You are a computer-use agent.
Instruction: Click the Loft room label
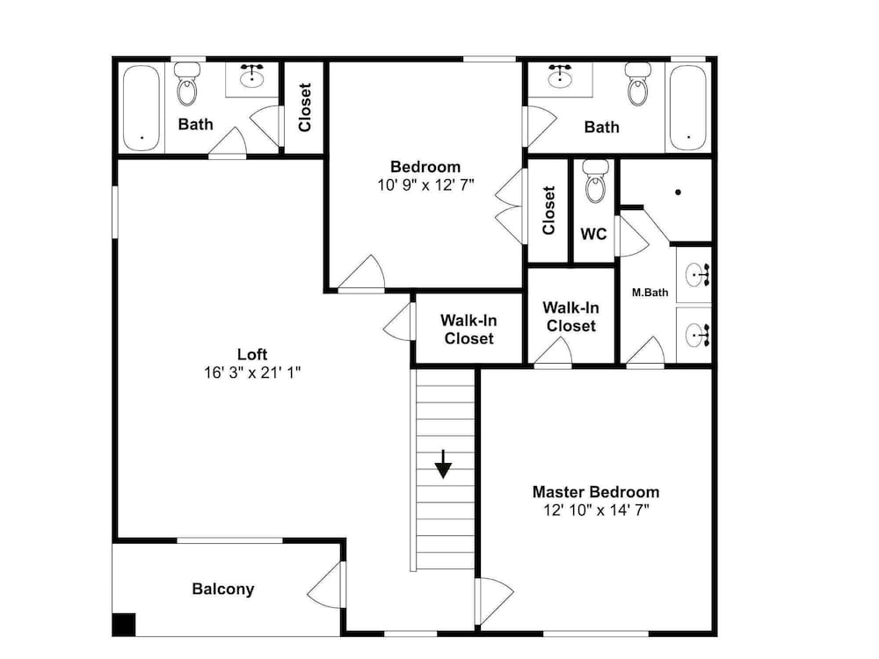pyautogui.click(x=252, y=354)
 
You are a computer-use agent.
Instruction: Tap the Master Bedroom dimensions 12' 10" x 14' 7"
pyautogui.click(x=596, y=510)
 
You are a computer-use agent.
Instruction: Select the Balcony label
pyautogui.click(x=223, y=589)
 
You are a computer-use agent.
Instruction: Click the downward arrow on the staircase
pyautogui.click(x=443, y=464)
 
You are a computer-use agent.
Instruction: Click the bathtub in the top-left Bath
pyautogui.click(x=142, y=108)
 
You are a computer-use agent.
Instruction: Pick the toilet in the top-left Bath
pyautogui.click(x=187, y=84)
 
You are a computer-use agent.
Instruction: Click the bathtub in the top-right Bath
pyautogui.click(x=688, y=108)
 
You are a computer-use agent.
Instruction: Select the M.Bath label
pyautogui.click(x=650, y=292)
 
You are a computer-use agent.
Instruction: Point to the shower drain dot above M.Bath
pyautogui.click(x=678, y=192)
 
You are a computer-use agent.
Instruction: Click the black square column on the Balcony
pyautogui.click(x=125, y=625)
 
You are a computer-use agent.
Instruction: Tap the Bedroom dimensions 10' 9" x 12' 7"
pyautogui.click(x=426, y=185)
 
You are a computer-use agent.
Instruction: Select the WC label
pyautogui.click(x=593, y=234)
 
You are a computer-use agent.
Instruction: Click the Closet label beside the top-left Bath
pyautogui.click(x=305, y=107)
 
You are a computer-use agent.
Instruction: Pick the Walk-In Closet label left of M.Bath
pyautogui.click(x=570, y=316)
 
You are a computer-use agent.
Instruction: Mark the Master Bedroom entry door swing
pyautogui.click(x=494, y=601)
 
